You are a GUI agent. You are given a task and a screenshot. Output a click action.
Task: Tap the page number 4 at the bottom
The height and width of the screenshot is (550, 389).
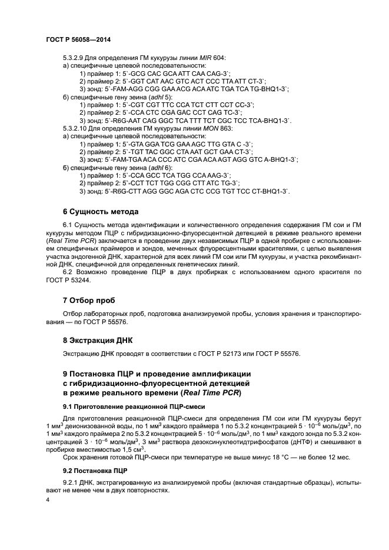(48, 499)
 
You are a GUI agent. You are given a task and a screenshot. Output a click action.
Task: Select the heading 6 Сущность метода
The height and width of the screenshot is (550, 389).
(100, 212)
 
